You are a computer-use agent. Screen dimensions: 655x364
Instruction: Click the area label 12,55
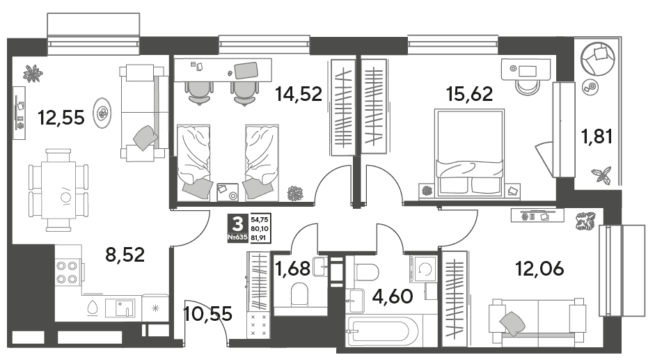(x=61, y=118)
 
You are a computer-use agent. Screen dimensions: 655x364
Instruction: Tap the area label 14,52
(x=298, y=94)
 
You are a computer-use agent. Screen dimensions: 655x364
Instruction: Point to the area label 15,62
(x=470, y=94)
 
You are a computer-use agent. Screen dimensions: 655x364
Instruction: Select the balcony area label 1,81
(x=597, y=136)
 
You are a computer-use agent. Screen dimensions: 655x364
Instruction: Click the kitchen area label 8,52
(x=125, y=255)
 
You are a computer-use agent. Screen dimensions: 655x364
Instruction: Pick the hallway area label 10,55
(x=207, y=313)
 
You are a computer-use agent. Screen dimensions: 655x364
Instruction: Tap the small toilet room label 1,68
(x=292, y=269)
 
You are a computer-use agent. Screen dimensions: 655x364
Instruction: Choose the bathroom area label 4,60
(x=393, y=296)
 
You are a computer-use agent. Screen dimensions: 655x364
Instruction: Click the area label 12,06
(x=539, y=269)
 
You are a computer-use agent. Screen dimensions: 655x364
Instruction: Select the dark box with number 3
(x=237, y=224)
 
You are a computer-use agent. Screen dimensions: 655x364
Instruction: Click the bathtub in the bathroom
(x=382, y=331)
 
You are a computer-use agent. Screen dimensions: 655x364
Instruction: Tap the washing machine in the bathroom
(x=424, y=269)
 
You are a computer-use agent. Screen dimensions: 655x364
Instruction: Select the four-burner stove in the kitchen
(x=68, y=272)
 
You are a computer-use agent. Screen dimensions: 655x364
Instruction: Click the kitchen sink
(x=120, y=308)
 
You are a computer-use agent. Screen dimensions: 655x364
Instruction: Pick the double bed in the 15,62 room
(x=470, y=152)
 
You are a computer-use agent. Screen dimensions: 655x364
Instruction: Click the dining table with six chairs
(x=58, y=190)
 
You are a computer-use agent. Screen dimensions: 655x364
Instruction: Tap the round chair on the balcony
(x=598, y=58)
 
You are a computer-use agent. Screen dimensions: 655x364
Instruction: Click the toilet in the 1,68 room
(x=299, y=294)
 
